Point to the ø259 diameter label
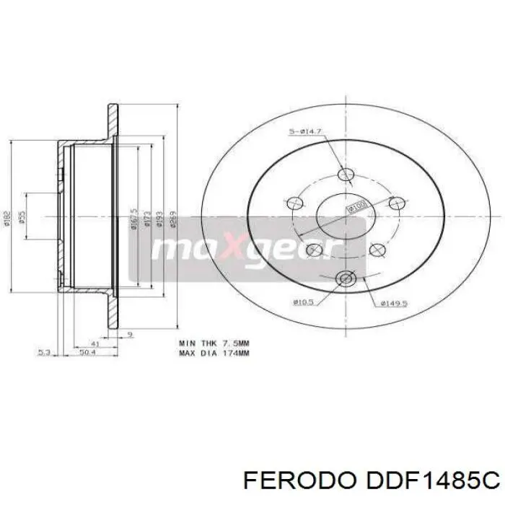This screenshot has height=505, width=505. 174,216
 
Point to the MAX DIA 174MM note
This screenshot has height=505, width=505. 214,353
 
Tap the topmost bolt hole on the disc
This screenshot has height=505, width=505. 346,174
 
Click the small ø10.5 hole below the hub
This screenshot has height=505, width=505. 345,278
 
